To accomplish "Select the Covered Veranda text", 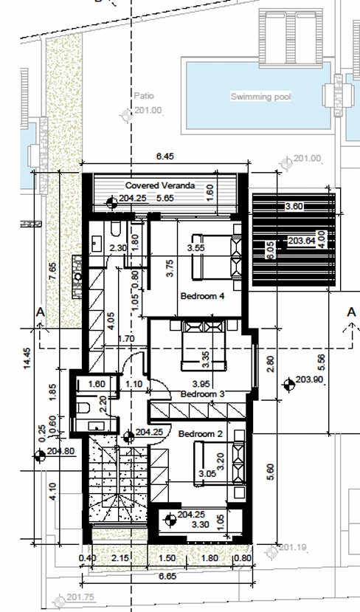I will tap(160, 186).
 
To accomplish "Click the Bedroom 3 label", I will tap(203, 394).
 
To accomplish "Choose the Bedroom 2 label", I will tap(200, 433).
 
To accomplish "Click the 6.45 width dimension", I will tap(165, 156).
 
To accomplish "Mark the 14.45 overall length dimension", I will tap(27, 363).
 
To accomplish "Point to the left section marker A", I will tap(41, 313).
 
